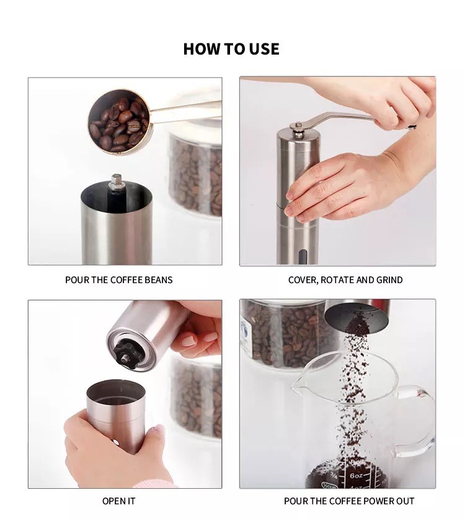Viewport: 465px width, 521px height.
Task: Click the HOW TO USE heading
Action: (x=231, y=49)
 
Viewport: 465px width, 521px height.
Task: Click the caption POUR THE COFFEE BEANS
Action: (x=119, y=280)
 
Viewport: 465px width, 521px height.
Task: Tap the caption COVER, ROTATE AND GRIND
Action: (x=345, y=280)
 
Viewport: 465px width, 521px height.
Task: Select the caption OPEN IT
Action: (x=119, y=501)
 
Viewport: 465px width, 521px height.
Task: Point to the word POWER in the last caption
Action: (x=377, y=501)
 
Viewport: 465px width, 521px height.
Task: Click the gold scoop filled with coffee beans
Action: (x=119, y=121)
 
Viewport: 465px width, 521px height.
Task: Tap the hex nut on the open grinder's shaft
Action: (x=117, y=181)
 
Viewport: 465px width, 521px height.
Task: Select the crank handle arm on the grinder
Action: (x=349, y=120)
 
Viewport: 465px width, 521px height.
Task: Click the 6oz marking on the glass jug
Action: (x=356, y=476)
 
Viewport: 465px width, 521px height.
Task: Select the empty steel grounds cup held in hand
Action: (x=115, y=415)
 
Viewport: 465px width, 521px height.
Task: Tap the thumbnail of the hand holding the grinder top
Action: (x=188, y=341)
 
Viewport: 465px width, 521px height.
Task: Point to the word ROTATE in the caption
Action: (x=337, y=280)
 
